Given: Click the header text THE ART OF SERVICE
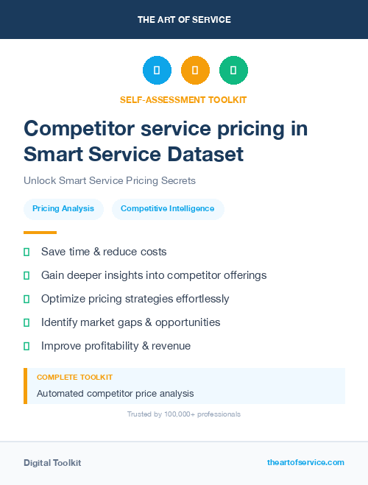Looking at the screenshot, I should click(x=184, y=20).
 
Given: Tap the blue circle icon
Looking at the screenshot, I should click(x=157, y=70).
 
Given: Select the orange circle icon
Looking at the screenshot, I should click(x=195, y=70).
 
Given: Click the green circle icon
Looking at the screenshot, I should click(x=233, y=70).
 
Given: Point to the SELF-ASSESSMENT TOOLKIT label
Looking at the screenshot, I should click(x=183, y=99).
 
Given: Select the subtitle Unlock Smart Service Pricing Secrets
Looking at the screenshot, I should click(x=109, y=180).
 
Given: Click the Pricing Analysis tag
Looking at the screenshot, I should click(x=63, y=209).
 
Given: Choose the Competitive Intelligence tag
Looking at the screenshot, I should click(x=168, y=209).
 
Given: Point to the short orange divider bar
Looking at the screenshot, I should click(x=40, y=233).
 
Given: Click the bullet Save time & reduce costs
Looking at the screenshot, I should click(x=104, y=252).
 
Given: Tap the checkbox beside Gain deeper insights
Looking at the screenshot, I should click(x=26, y=275).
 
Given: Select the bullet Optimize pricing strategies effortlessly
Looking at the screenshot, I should click(x=135, y=299).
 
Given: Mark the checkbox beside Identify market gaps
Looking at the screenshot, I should click(x=26, y=322).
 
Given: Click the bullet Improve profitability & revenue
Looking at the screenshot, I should click(x=116, y=346).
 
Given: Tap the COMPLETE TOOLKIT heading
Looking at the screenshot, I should click(x=74, y=377).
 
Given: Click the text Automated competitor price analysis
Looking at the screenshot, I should click(x=116, y=394).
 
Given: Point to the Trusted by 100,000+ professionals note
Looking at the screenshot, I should click(x=183, y=414).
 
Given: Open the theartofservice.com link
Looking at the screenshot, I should click(x=305, y=462).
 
